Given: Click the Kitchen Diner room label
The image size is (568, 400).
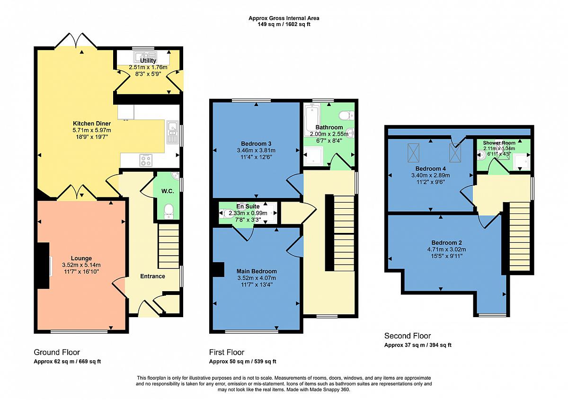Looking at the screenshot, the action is pos(92,124).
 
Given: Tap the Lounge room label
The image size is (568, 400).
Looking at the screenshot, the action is pos(81,258).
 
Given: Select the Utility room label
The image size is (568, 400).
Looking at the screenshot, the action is pos(148,61).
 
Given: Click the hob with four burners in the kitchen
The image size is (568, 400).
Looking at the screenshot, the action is pos(146,160).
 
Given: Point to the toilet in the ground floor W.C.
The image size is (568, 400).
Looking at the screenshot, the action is pos(169,212).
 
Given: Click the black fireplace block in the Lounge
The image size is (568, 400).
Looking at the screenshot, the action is pos(44,266).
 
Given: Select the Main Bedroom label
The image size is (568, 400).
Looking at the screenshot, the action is pos(257,271).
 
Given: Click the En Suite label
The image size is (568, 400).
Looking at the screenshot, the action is pos(248,206).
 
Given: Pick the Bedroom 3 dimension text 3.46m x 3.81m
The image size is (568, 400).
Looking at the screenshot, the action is pos(256,151).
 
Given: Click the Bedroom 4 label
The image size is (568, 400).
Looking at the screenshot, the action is pos(430,169).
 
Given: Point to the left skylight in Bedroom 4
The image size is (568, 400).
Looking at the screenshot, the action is pos(413,153).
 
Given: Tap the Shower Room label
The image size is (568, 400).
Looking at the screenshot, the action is pos(499,143).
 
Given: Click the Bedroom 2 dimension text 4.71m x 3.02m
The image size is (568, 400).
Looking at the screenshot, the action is pos(446,249).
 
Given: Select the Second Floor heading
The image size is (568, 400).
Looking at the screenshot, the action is pos(408,336).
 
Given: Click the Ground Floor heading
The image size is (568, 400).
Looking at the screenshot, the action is pos(57,352).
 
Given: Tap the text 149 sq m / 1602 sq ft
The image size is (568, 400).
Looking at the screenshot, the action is pos(284,24).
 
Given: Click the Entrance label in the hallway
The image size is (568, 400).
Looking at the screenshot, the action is pos(152,276).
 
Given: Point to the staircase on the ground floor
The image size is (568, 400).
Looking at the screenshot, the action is pos(169,246).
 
